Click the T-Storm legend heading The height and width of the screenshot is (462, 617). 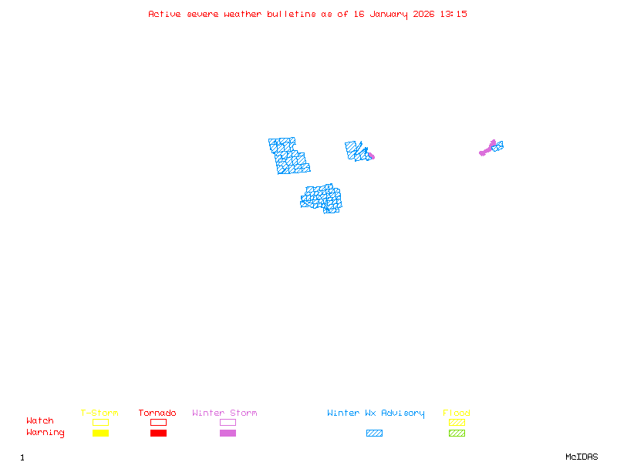99,413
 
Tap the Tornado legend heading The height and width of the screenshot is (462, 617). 157,413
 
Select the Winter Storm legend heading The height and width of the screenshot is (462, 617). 224,413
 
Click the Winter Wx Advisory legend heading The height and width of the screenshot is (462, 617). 376,413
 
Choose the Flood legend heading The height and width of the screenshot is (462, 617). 457,413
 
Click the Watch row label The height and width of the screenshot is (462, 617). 40,421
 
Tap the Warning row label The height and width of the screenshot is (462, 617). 46,433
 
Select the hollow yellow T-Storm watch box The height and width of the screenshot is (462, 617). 100,422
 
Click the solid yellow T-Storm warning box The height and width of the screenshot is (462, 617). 100,434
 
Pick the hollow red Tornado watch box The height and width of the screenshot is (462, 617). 158,422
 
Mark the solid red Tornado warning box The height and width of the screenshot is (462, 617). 158,434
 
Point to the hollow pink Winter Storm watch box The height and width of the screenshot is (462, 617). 228,422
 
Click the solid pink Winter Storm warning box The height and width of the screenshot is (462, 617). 228,434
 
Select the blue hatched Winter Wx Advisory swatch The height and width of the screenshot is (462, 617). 374,434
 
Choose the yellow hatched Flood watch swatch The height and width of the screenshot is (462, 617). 457,422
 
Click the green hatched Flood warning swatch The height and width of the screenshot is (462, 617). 457,434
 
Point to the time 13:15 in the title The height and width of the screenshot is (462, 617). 453,14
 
